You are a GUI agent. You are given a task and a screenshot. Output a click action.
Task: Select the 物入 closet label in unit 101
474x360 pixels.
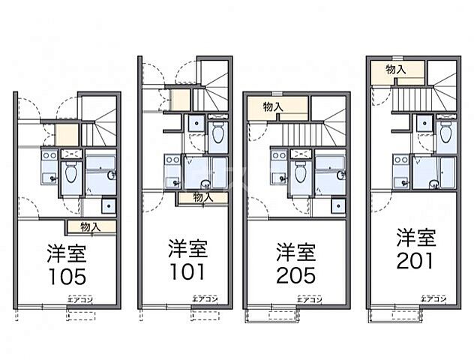(202, 197)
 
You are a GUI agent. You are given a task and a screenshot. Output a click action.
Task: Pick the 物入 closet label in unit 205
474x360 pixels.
(274, 106)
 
